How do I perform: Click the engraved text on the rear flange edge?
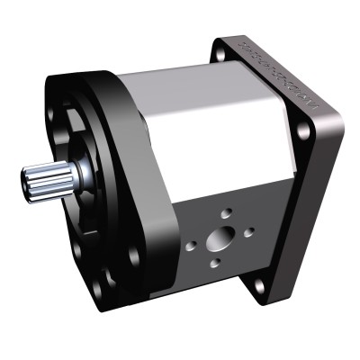(279, 72)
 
